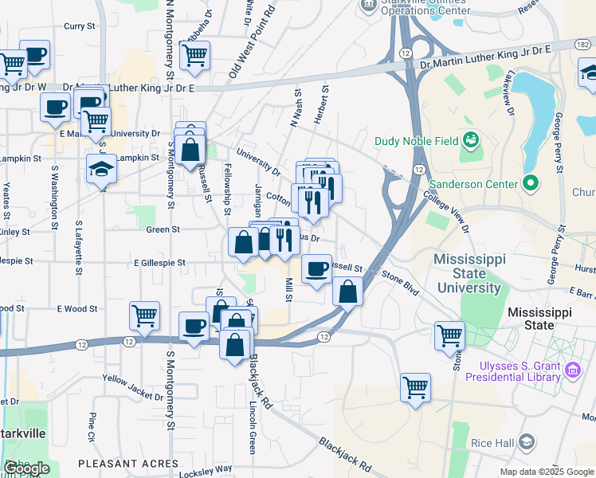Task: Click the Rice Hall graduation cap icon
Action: (x=527, y=441)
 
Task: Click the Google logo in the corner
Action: (x=26, y=468)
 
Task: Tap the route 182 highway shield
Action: (x=584, y=45)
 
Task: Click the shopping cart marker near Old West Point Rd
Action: (x=194, y=55)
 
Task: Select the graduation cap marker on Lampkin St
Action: (x=101, y=169)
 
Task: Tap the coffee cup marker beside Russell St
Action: (x=316, y=268)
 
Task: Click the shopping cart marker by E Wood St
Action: (x=144, y=315)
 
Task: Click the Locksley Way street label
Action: (x=206, y=470)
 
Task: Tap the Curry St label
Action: (x=79, y=26)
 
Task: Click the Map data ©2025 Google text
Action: (x=547, y=472)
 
